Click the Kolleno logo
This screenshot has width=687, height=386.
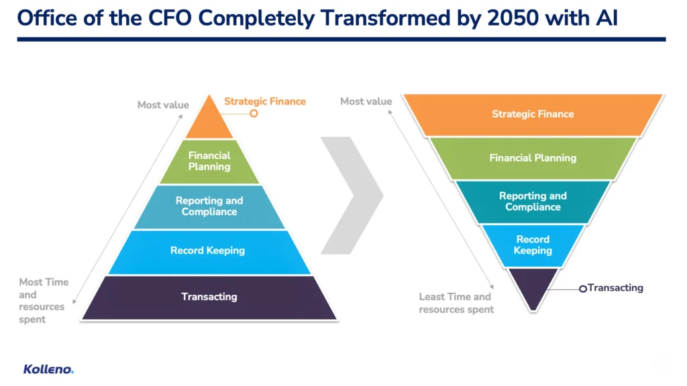coord(48,369)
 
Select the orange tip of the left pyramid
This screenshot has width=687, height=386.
coord(209,121)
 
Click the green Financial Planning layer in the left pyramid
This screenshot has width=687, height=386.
coord(209,162)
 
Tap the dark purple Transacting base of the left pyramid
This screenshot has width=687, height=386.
coord(209,298)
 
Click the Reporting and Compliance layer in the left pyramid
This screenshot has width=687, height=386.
coord(209,206)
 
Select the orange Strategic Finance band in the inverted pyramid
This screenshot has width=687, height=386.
coord(533,115)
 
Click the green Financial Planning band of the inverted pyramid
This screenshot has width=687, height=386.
coord(533,158)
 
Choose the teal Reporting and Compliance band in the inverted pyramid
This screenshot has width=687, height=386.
coord(533,202)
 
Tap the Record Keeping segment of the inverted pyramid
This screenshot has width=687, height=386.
coord(533,245)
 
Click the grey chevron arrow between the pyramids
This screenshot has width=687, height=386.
coord(352,195)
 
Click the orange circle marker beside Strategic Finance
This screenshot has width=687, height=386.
coord(254,113)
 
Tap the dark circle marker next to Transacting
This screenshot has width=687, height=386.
coord(583,289)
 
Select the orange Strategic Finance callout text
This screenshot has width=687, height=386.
coord(265,101)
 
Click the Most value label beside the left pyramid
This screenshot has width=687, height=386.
coord(163,105)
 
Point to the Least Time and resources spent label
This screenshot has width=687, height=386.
coord(456,303)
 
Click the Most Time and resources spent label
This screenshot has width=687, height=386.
coord(44,301)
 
